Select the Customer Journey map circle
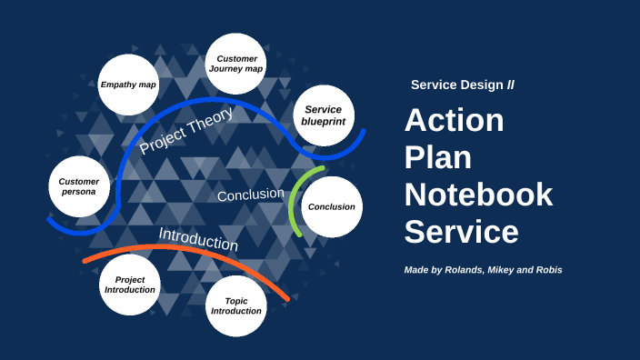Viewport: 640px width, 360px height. pos(235,64)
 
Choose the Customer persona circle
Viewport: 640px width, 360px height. pos(79,187)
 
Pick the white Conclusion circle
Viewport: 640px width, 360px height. pos(332,206)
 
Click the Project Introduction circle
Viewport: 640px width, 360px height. pos(130,285)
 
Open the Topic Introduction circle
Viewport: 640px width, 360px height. pos(236,305)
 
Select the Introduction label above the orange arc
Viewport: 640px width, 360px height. pos(198,239)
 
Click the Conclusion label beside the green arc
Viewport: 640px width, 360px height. pos(250,195)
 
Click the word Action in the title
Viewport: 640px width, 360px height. pos(454,121)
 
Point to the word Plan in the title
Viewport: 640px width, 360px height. pos(438,157)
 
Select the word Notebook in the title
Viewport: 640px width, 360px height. pos(478,195)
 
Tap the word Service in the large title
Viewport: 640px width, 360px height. pos(461,231)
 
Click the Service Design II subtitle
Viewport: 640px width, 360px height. pos(462,85)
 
